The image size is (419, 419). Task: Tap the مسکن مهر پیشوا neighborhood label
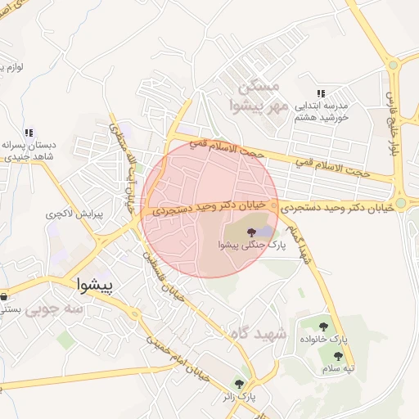click(261, 97)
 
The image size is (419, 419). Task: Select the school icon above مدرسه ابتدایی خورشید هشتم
click(321, 94)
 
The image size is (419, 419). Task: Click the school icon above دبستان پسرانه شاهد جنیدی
click(29, 133)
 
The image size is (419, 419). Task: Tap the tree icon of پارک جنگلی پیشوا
click(250, 234)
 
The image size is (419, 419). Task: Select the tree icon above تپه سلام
click(339, 355)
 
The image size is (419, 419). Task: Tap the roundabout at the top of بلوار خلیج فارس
click(394, 64)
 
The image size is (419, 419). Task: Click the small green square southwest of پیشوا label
click(65, 339)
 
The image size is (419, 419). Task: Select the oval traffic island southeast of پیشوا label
click(133, 311)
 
